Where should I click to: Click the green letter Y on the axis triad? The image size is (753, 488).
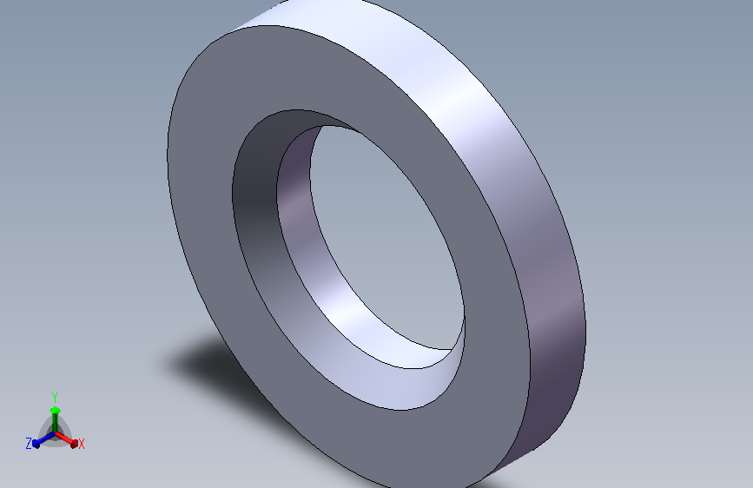tap(55, 398)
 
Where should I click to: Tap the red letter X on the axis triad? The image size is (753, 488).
tap(81, 444)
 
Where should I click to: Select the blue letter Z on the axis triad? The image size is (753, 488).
tap(29, 444)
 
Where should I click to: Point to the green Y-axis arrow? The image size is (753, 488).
tap(55, 420)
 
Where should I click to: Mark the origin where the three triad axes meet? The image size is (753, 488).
tap(55, 434)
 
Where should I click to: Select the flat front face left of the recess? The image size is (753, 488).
tap(201, 201)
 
